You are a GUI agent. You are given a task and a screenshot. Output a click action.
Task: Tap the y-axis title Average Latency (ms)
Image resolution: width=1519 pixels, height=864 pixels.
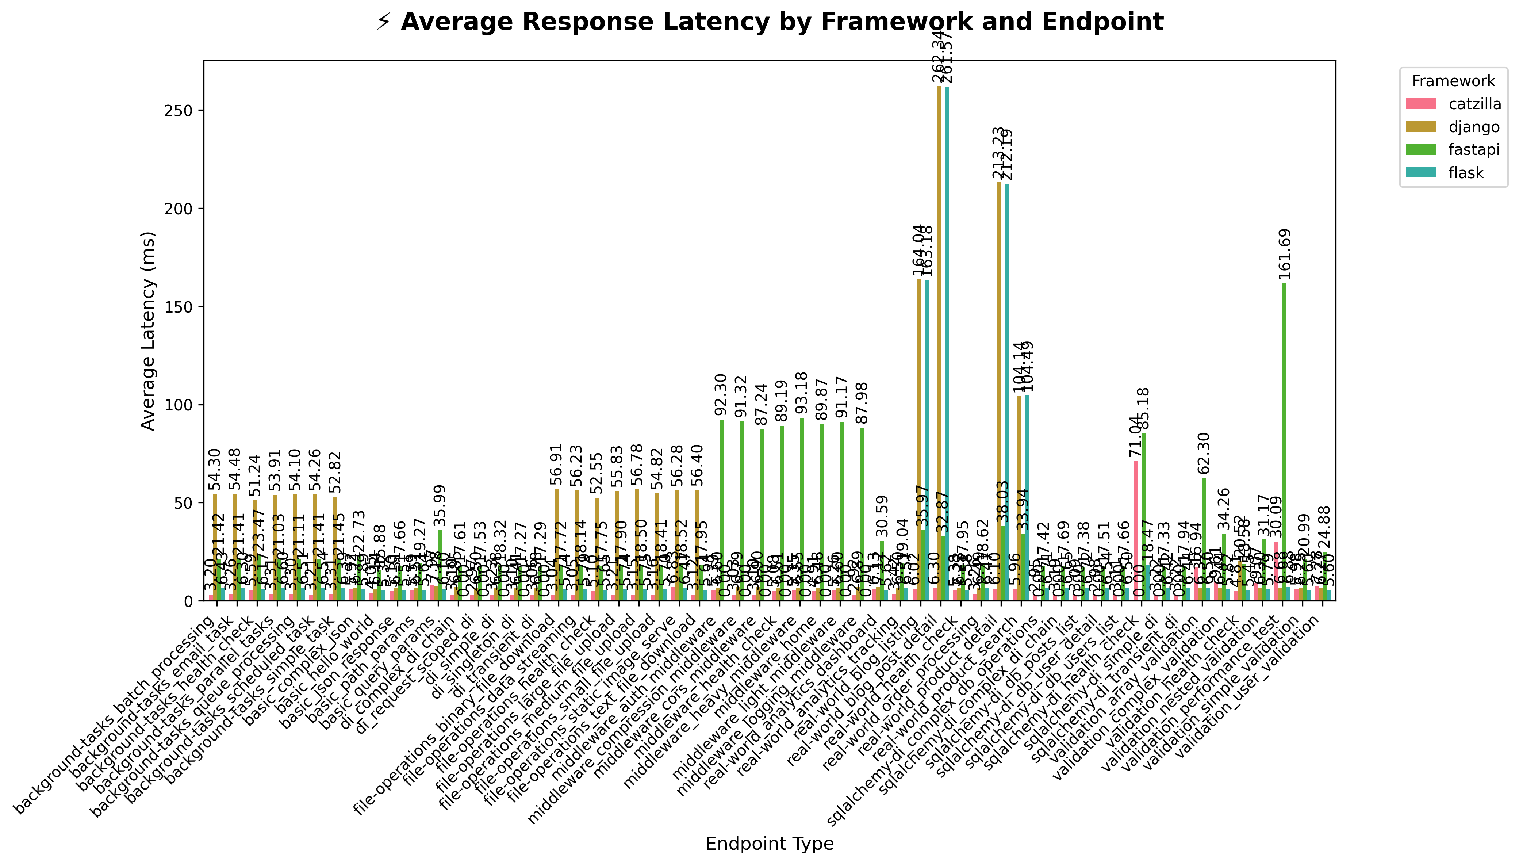(x=148, y=330)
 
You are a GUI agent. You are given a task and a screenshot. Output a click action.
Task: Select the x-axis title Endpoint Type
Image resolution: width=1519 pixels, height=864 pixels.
(x=769, y=843)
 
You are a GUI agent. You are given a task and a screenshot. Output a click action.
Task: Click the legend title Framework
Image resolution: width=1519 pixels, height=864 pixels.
(x=1453, y=81)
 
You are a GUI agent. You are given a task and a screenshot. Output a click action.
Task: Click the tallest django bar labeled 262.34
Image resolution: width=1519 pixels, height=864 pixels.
(x=938, y=344)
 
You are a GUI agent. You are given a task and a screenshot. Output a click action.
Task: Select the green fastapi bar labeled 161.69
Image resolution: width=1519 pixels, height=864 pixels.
(x=1284, y=442)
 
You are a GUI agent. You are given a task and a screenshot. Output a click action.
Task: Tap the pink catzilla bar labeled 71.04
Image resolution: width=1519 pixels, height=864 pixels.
(x=1135, y=531)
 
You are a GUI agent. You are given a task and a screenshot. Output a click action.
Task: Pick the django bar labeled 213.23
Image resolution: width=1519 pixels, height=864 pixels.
(x=999, y=391)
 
